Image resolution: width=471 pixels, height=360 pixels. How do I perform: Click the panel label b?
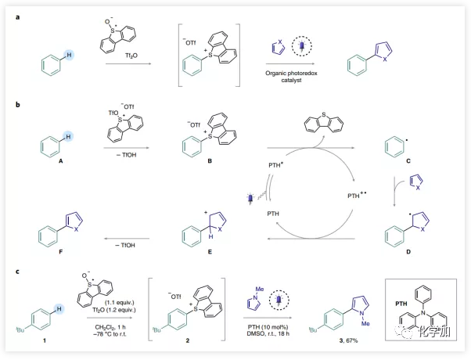[12, 102]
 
